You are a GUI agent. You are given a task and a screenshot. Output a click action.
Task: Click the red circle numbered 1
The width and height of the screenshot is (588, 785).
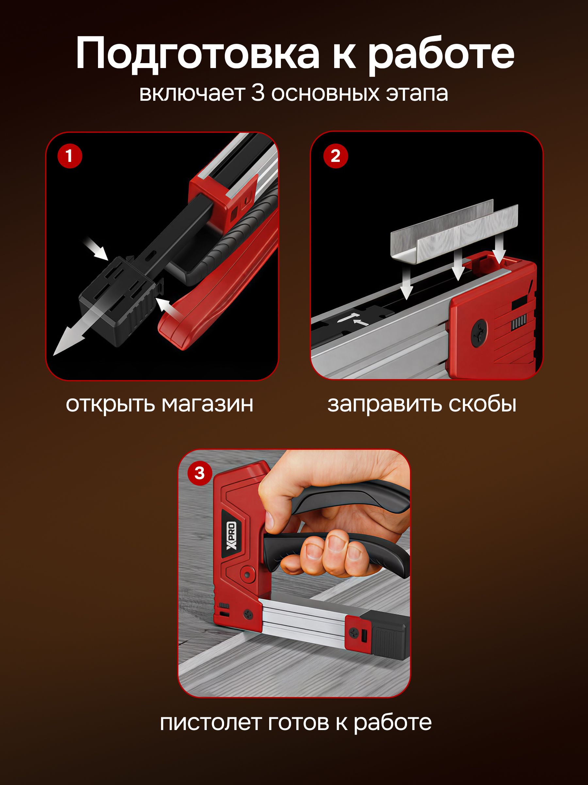click(x=70, y=156)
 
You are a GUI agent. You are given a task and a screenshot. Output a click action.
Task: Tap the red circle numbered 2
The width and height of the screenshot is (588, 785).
click(x=335, y=156)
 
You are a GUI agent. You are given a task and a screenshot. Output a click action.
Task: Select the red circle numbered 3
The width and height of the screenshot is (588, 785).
click(x=200, y=473)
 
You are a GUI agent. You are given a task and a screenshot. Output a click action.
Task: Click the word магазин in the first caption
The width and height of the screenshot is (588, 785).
click(x=207, y=404)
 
